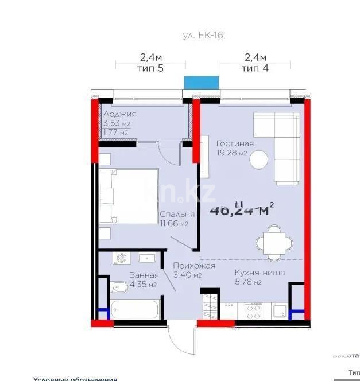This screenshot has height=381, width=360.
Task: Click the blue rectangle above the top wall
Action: click(x=202, y=82)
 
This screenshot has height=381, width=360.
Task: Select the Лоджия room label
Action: click(x=119, y=114)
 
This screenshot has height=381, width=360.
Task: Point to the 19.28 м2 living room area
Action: click(x=232, y=153)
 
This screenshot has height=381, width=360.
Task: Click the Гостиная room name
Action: click(x=235, y=143)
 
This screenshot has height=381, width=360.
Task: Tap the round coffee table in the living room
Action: click(x=259, y=158)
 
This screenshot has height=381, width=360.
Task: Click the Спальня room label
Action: click(x=177, y=214)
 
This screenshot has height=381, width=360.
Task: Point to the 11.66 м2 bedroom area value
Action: click(x=177, y=224)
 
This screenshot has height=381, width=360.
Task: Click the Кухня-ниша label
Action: click(x=260, y=273)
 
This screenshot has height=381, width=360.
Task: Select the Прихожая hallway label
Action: click(x=195, y=266)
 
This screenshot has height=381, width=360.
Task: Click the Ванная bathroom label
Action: click(x=140, y=275)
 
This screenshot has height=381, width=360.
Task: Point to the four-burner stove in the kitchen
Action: click(x=253, y=311)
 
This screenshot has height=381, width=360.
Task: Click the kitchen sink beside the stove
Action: click(x=280, y=311)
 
